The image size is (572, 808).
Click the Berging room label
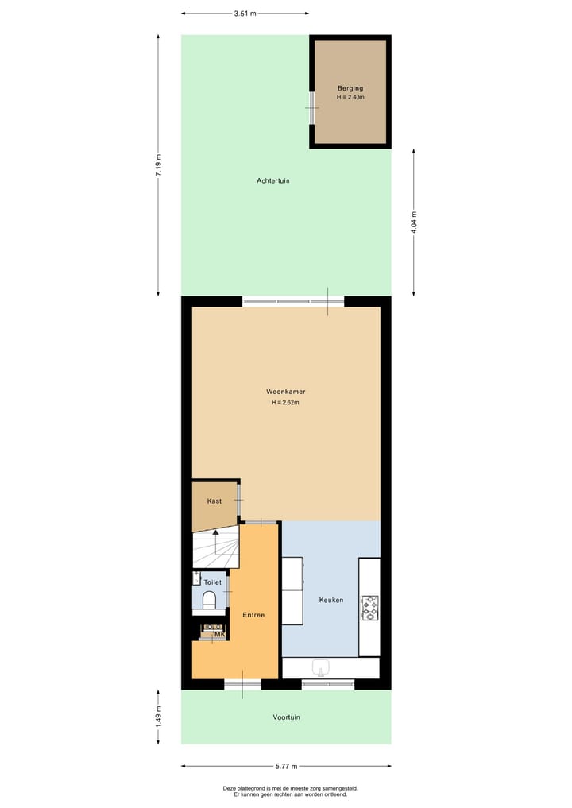[x=350, y=88]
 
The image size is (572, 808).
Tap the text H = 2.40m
[x=350, y=97]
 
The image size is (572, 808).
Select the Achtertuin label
[x=272, y=180]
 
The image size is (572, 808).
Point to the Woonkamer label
[x=286, y=392]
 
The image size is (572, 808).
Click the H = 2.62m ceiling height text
[x=285, y=403]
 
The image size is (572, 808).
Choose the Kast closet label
[x=214, y=501]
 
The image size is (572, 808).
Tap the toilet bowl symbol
[x=209, y=601]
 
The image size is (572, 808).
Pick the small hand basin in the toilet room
[x=196, y=574]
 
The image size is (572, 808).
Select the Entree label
[x=253, y=615]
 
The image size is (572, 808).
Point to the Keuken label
[x=330, y=600]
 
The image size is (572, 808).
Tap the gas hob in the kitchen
[x=369, y=608]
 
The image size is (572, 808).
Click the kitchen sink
[x=322, y=667]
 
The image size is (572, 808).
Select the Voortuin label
[x=286, y=717]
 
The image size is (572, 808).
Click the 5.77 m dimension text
[x=286, y=766]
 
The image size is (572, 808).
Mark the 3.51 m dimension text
[x=245, y=14]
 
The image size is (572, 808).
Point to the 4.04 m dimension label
[x=414, y=220]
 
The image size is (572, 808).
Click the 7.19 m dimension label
[x=158, y=165]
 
